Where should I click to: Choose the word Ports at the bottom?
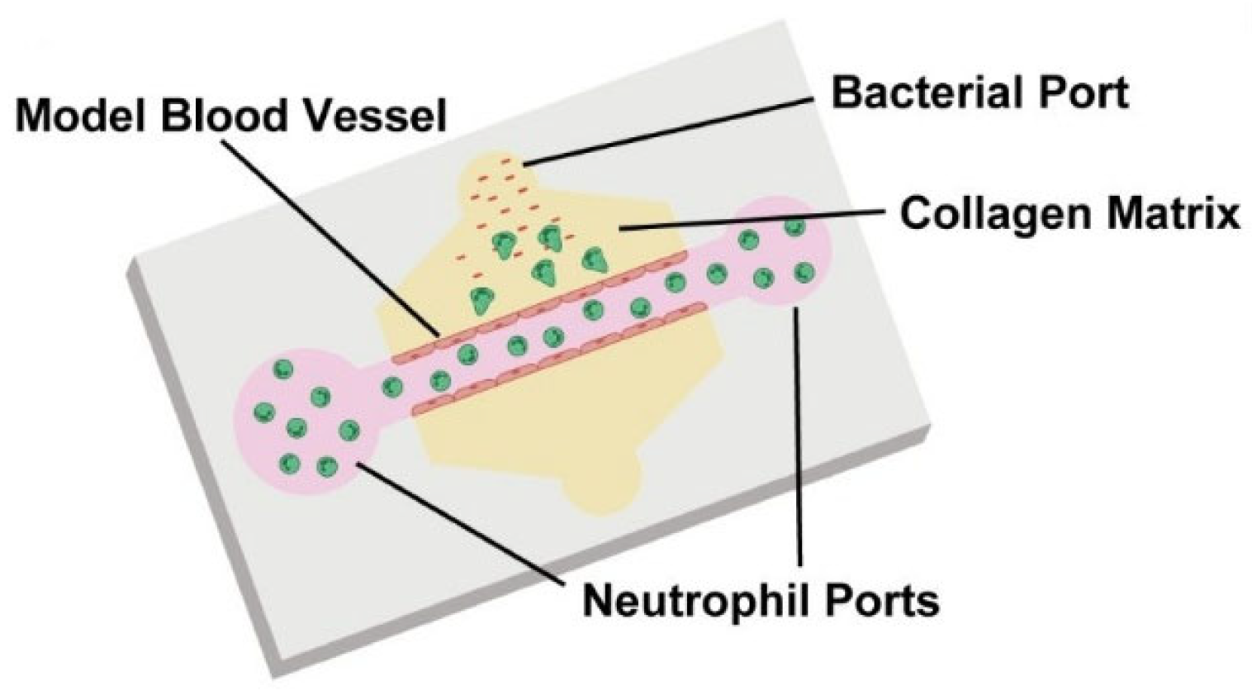(884, 599)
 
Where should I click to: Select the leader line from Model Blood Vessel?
(330, 236)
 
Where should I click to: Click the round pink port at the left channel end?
(301, 426)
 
